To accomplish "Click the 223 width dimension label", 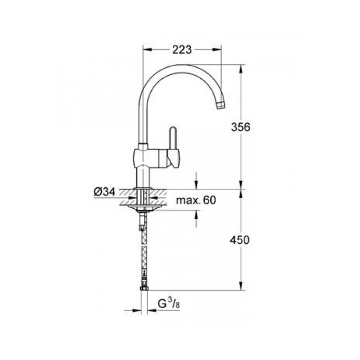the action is pyautogui.click(x=182, y=49).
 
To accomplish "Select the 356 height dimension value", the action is pyautogui.click(x=241, y=127).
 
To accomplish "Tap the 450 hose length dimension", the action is pyautogui.click(x=240, y=240).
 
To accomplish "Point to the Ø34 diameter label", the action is pyautogui.click(x=105, y=192).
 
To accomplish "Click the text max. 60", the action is pyautogui.click(x=196, y=200).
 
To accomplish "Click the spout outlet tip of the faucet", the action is pyautogui.click(x=221, y=105).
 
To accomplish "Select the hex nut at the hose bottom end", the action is pyautogui.click(x=144, y=288).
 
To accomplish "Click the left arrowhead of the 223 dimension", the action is pyautogui.click(x=148, y=49).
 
